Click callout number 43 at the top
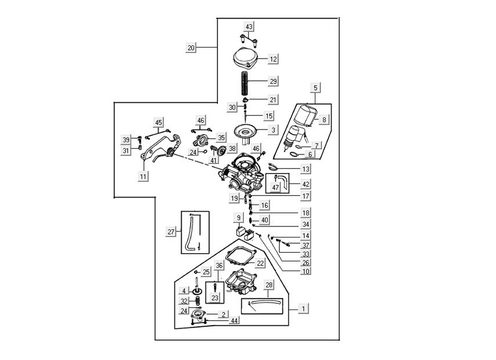pos(249,27)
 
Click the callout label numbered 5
pos(315,88)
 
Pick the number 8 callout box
pos(325,120)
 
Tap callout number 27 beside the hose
pos(171,232)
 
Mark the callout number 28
pos(269,285)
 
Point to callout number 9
pos(238,218)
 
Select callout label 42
pos(305,184)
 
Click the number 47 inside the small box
pos(276,188)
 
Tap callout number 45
pos(158,123)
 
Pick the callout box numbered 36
pos(218,266)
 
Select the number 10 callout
pos(305,271)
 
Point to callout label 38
pos(232,149)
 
